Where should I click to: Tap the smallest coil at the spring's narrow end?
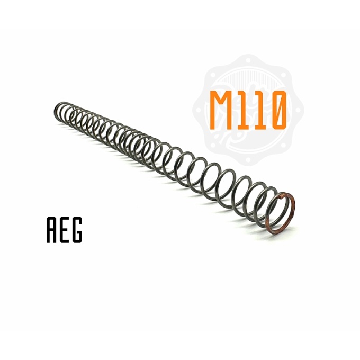[x=59, y=111]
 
